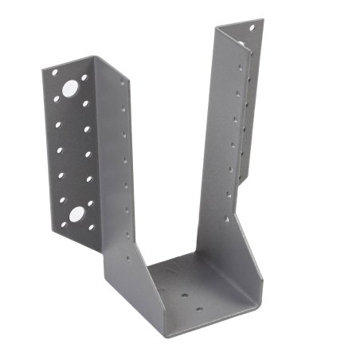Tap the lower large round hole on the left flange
point(77,213)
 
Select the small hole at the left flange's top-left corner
point(54,72)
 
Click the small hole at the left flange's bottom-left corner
point(63,224)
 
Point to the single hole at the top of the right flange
point(252,29)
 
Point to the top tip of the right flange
point(256,19)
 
